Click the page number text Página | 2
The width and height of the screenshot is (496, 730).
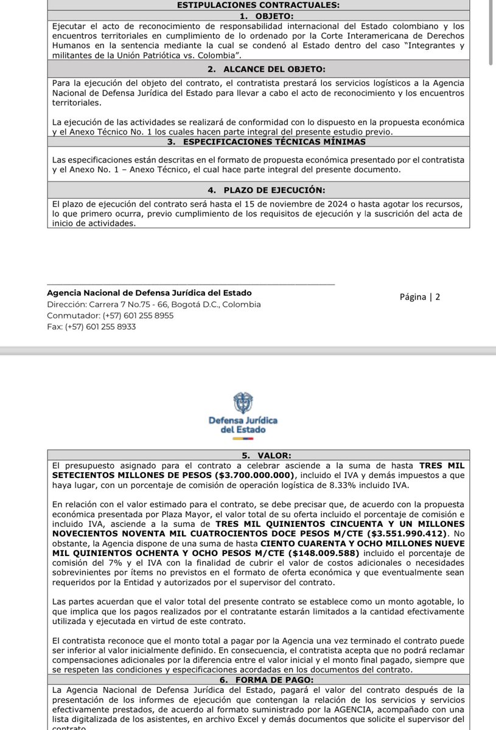coord(419,297)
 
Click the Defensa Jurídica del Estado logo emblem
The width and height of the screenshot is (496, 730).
coord(243,404)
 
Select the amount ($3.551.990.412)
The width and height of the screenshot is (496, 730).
coord(397,534)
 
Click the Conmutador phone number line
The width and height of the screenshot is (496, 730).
coord(110,316)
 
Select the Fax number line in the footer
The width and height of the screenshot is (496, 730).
coord(91,327)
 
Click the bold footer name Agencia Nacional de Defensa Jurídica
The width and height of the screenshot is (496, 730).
coord(149,293)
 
